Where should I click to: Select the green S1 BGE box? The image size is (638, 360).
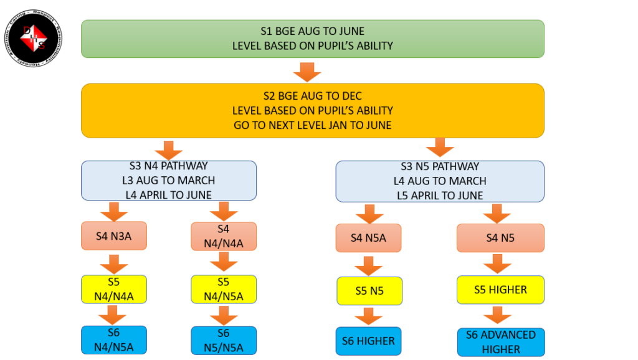[312, 39]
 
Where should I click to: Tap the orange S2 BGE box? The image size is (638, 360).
[312, 110]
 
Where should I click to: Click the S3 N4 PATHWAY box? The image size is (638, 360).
[169, 181]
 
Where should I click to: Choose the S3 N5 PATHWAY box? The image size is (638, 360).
[440, 181]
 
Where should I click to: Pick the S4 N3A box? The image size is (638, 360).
[113, 236]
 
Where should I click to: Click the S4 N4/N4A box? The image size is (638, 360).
[223, 237]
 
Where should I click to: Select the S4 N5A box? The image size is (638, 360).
[368, 238]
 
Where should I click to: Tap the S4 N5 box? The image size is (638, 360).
[500, 238]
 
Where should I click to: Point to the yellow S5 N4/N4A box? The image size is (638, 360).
[113, 289]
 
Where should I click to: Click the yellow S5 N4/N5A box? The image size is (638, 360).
[223, 289]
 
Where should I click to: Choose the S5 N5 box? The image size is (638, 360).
[369, 291]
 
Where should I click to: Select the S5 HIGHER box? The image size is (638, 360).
[500, 290]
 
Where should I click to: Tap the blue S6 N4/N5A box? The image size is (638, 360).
[113, 340]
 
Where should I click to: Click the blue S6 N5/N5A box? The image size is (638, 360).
[223, 340]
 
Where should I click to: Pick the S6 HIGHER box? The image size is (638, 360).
[368, 341]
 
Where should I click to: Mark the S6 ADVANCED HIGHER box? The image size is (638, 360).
[500, 342]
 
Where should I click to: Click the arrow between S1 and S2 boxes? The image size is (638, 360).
[307, 72]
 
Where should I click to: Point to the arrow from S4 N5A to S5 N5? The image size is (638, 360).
[369, 265]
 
